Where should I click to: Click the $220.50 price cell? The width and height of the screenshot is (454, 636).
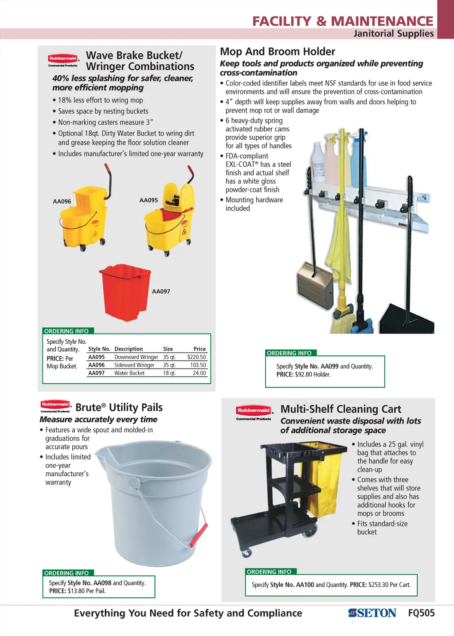(196, 357)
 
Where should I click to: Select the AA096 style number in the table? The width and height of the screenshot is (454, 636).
(96, 365)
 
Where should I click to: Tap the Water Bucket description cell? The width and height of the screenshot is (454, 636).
(129, 373)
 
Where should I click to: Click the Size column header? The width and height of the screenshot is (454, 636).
(168, 349)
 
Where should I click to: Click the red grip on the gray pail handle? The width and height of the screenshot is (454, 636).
(199, 535)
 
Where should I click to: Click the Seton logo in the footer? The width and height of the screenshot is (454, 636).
(372, 613)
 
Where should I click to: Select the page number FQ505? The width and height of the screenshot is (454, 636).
(421, 613)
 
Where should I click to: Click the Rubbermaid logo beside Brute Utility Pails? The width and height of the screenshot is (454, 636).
(55, 405)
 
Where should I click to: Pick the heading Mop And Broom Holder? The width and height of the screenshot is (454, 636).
(278, 51)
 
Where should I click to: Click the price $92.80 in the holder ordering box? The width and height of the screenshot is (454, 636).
(303, 375)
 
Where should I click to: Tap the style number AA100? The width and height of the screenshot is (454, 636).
(305, 585)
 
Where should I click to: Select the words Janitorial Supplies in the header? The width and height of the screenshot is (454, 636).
(393, 34)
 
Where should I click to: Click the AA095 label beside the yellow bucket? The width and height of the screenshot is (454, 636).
(149, 200)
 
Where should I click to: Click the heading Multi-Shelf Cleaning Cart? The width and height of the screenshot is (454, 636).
(340, 409)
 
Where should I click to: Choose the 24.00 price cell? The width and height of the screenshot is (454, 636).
(199, 373)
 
